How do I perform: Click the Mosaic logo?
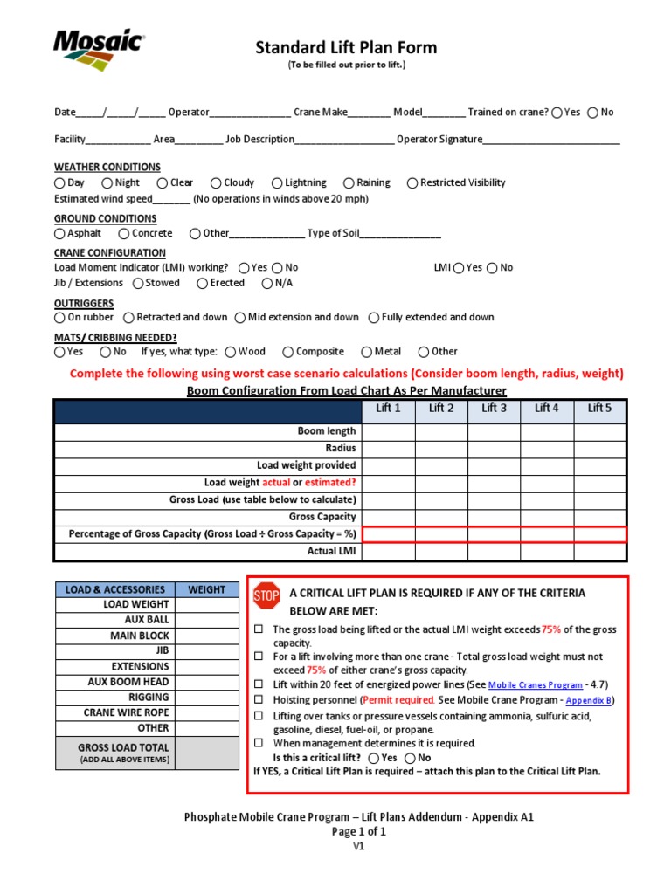coord(98,51)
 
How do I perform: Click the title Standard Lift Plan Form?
coord(346,47)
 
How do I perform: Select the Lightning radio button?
coord(277,183)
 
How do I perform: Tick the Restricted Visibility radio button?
coord(412,183)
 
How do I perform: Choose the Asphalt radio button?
coord(59,234)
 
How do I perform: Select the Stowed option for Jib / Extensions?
coord(138,284)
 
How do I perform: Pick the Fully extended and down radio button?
coord(374,318)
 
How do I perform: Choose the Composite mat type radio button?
coord(287,352)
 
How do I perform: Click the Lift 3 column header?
coord(494,408)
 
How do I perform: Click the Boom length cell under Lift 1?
coord(388,431)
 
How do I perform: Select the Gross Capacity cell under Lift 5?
coord(599,517)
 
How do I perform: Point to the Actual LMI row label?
coord(331,552)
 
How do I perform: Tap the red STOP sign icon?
coord(266,596)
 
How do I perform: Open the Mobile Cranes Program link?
coord(535,685)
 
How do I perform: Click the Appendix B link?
coord(590,700)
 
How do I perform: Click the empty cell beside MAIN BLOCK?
coord(206,636)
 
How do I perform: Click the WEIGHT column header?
coord(206,589)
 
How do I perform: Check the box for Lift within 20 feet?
coord(259,685)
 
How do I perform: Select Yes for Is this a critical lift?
coord(374,758)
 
